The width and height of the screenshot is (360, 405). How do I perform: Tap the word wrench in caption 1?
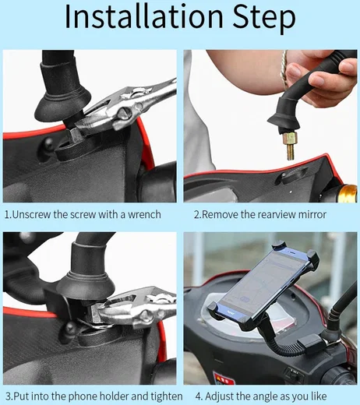[x=144, y=215]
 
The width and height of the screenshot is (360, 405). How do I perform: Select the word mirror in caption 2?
[x=312, y=215]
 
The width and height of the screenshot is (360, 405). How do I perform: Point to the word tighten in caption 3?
[x=167, y=396]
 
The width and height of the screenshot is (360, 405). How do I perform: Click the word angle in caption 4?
[x=263, y=397]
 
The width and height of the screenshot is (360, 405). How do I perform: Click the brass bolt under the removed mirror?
[x=290, y=146]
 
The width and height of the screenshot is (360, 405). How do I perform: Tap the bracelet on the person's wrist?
[x=284, y=69]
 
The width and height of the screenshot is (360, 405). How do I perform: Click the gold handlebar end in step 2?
[x=348, y=193]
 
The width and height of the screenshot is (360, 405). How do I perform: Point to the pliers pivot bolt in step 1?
[x=124, y=113]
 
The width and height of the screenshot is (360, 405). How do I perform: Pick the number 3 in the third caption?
[x=8, y=396]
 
